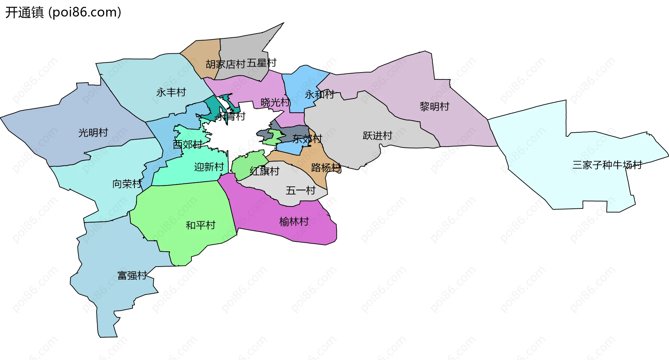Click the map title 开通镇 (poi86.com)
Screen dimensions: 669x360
[x=63, y=13]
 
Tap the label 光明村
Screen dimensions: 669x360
[x=93, y=133]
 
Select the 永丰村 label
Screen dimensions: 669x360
[x=171, y=92]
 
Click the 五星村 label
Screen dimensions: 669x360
[x=262, y=63]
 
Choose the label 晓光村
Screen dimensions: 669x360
[x=275, y=102]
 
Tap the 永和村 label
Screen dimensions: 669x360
[x=320, y=94]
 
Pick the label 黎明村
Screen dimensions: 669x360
[x=435, y=107]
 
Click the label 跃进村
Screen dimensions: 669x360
[x=378, y=136]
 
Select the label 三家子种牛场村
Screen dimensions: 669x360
[x=607, y=165]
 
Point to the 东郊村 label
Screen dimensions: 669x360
[x=307, y=139]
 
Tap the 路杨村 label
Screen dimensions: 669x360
[x=326, y=168]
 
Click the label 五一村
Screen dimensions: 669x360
[x=301, y=190]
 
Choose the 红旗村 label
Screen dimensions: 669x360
[x=265, y=171]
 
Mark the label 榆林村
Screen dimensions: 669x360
[x=294, y=222]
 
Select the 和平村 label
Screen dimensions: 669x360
[x=201, y=225]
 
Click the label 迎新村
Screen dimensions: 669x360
[x=209, y=167]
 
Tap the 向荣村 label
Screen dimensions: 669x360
[x=127, y=184]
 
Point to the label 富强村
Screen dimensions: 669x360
[x=132, y=276]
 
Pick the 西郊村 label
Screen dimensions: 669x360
[x=188, y=144]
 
